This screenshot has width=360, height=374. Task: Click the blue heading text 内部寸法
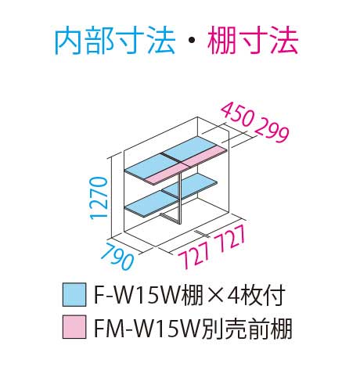pos(114,41)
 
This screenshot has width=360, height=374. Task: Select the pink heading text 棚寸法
pos(253,41)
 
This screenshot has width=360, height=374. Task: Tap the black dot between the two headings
pos(191,41)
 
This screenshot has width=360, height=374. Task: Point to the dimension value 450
pos(237,115)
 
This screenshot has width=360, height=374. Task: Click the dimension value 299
pos(272,131)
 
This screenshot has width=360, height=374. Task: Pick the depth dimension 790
pos(117,257)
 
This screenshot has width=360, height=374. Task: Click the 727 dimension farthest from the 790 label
pos(229,238)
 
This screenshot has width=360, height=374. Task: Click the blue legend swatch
pos(74,294)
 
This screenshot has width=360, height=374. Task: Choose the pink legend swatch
pos(74,327)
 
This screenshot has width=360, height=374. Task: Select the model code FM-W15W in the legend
pos(146,327)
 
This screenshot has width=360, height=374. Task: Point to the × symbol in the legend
pos(214,295)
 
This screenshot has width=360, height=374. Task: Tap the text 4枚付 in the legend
pos(256,295)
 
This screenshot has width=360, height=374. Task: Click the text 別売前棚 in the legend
pos(246,327)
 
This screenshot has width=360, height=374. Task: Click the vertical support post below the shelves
pos(180,197)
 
